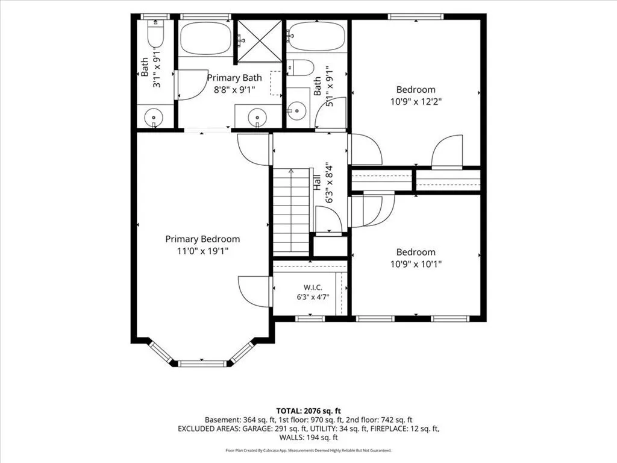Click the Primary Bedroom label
point(202,239)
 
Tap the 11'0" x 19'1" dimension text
point(202,251)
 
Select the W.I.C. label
point(313,288)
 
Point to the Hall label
point(318,183)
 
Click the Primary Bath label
point(234,78)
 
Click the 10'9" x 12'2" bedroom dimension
point(416,101)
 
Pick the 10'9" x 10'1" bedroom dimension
point(416,264)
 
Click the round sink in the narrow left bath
point(154,118)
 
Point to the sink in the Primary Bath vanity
point(257,118)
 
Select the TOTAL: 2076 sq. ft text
point(308,412)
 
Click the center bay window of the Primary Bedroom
point(202,364)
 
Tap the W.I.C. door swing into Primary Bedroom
point(254,291)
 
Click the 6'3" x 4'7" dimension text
point(313,297)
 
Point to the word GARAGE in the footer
point(255,429)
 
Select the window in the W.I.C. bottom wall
point(310,318)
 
